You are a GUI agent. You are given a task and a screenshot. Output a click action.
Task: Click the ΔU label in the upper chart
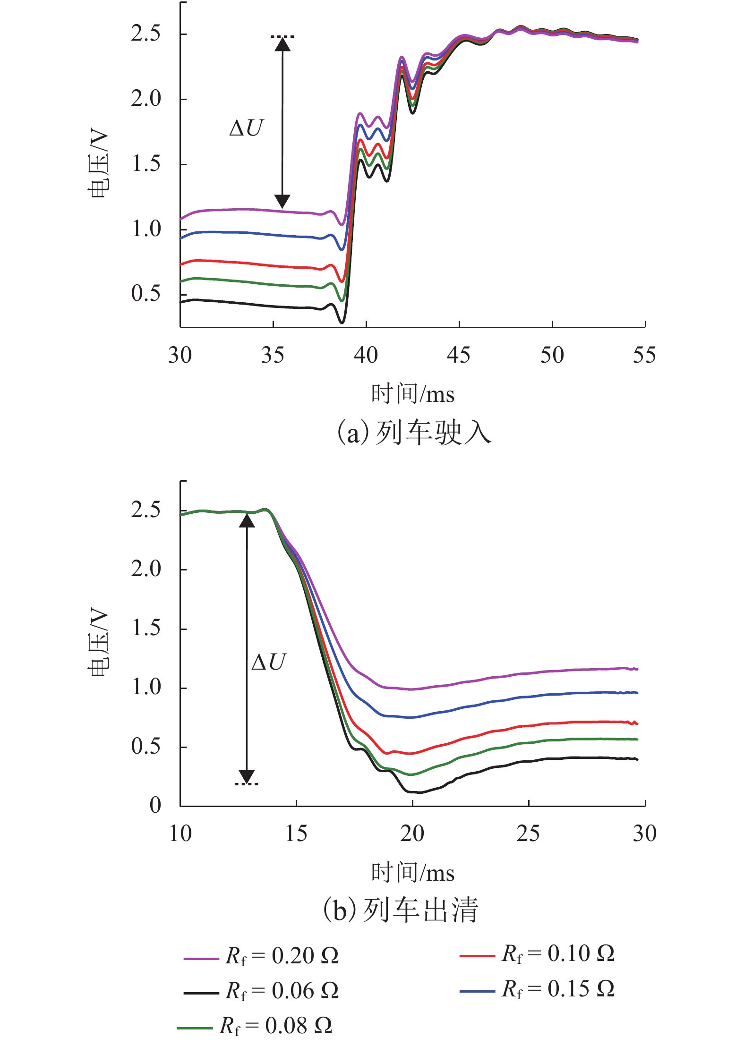pyautogui.click(x=246, y=128)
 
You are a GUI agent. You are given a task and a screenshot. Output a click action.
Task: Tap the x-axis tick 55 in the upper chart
pyautogui.click(x=644, y=356)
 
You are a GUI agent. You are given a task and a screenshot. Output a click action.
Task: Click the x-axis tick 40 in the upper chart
pyautogui.click(x=366, y=356)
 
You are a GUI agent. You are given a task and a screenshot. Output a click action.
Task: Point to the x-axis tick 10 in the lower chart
pyautogui.click(x=180, y=833)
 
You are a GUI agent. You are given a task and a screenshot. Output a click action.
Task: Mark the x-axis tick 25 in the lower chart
pyautogui.click(x=528, y=833)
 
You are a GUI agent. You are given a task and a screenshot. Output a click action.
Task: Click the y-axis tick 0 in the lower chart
pyautogui.click(x=155, y=805)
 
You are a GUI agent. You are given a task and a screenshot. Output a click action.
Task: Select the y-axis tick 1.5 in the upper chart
pyautogui.click(x=146, y=164)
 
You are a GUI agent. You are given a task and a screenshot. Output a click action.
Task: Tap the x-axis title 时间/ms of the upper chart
pyautogui.click(x=412, y=394)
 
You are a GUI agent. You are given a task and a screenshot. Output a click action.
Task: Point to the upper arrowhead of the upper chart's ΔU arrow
pyautogui.click(x=282, y=44)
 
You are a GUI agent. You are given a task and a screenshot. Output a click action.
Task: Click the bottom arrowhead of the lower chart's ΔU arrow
pyautogui.click(x=247, y=777)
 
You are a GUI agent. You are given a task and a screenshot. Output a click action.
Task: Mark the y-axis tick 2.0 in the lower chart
pyautogui.click(x=146, y=569)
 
